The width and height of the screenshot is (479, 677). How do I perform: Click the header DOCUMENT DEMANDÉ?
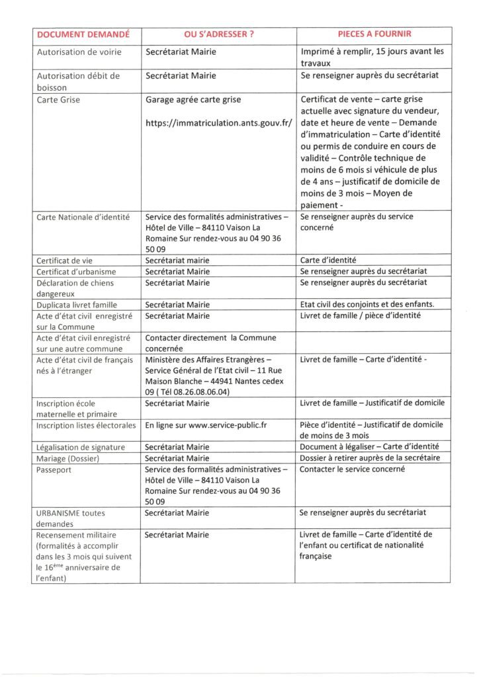[83, 34]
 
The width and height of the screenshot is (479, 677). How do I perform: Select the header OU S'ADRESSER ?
[218, 34]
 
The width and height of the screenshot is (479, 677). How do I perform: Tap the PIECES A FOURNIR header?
[374, 34]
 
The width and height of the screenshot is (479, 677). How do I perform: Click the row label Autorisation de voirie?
[77, 52]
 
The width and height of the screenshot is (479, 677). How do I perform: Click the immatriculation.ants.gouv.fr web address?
[218, 123]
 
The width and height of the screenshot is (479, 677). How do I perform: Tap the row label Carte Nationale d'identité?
[83, 216]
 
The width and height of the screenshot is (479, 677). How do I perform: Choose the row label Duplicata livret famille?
[77, 304]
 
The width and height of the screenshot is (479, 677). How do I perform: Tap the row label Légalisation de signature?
[81, 447]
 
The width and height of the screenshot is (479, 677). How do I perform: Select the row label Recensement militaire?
[76, 534]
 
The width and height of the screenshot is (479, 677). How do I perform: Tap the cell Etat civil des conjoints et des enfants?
[367, 304]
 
